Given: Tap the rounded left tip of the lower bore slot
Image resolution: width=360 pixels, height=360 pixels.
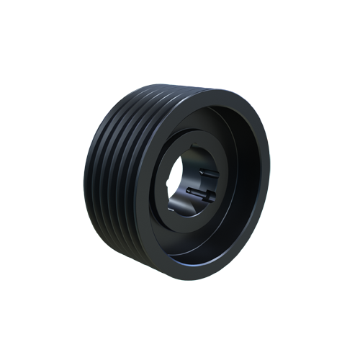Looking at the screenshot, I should tap(189, 192).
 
